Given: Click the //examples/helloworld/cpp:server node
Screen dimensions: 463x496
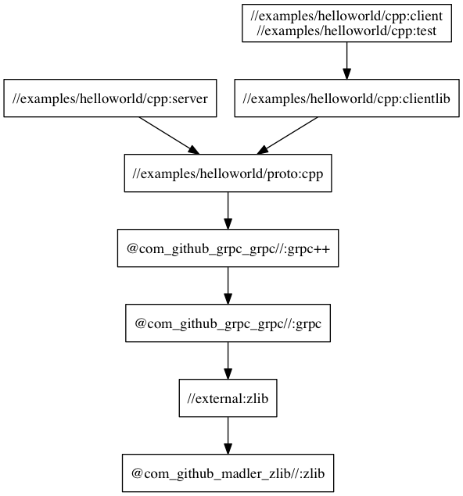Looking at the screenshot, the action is coord(110,98).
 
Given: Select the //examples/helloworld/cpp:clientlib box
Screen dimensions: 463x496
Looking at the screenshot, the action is coord(346,98).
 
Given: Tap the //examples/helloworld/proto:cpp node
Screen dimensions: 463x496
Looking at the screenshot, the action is coord(228,173).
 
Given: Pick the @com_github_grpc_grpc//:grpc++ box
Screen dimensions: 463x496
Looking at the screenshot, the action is coord(228,248).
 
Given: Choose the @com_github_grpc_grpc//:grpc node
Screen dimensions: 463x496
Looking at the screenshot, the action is coord(228,323).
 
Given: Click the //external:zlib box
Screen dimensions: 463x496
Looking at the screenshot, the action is coord(228,398).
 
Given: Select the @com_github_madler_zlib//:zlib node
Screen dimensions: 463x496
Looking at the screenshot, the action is coord(228,473).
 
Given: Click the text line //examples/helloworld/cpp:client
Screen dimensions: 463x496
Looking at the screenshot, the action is coord(346,16).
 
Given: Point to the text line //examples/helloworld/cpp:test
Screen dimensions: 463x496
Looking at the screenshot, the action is coord(346,31).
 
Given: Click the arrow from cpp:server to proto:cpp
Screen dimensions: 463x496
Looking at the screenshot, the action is coord(169,135).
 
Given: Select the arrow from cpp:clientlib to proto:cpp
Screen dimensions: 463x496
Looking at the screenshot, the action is coord(287,135).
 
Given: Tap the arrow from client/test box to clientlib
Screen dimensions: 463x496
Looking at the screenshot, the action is coord(346,60).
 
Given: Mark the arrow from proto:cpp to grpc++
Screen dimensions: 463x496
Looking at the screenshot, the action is coord(228,210).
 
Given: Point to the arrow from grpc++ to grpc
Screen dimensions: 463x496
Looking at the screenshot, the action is coord(228,285).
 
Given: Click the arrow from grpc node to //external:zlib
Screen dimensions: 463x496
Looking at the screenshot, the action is coord(228,360).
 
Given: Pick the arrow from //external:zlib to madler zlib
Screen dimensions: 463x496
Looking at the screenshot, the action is coord(228,435).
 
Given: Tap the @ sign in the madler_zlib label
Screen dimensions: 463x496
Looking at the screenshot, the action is coord(137,473).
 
